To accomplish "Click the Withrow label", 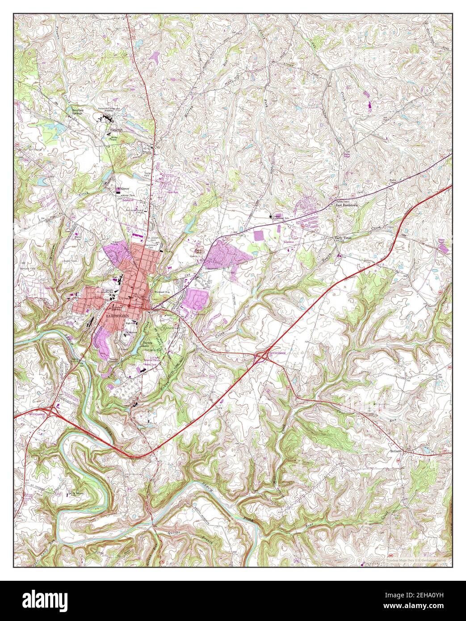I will (x=123, y=189).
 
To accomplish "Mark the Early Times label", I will (x=344, y=239).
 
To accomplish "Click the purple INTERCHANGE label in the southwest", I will (x=37, y=415).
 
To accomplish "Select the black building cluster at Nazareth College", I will (x=107, y=118).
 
